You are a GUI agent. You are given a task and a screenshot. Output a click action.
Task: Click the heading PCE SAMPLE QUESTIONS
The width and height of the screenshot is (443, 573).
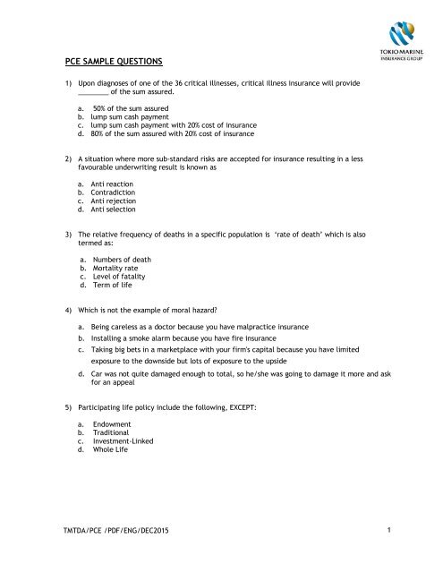(114, 62)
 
